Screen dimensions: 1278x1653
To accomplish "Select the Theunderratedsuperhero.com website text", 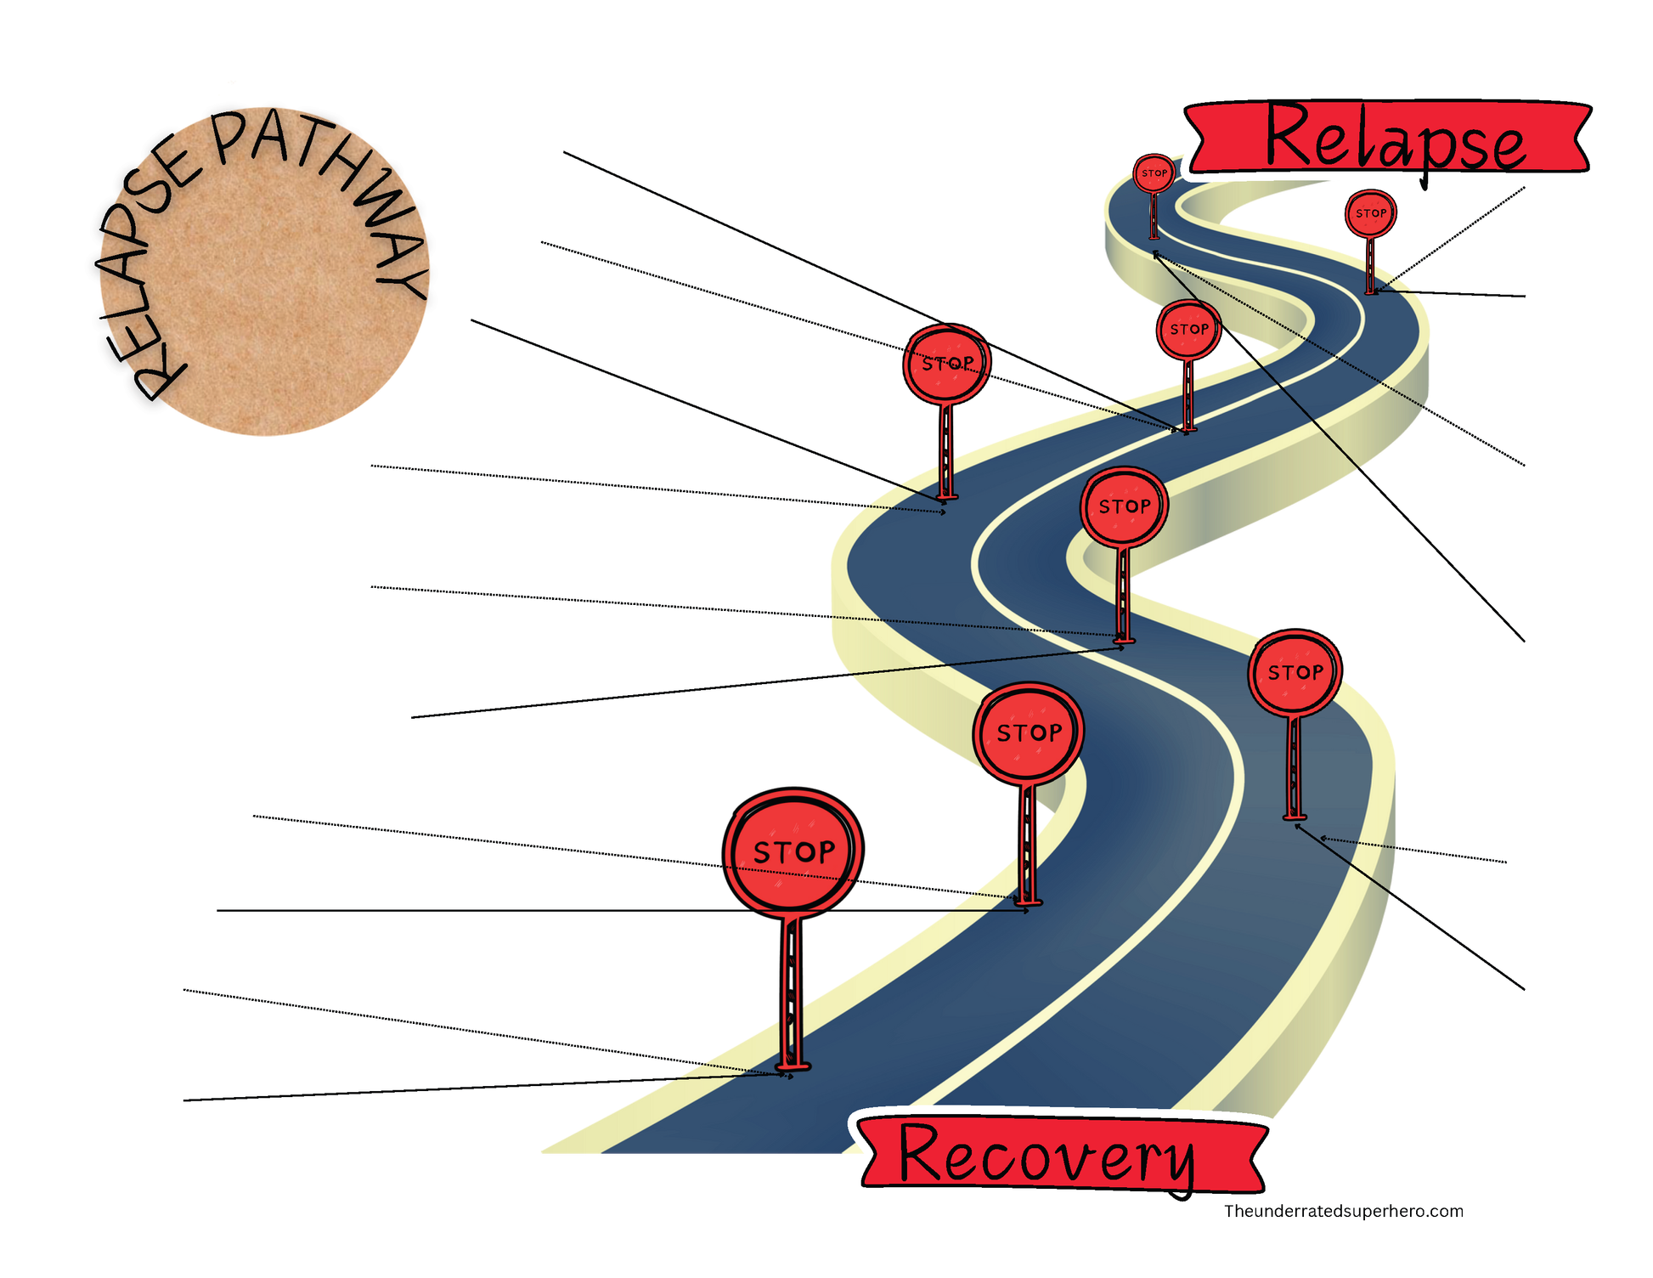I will click(1343, 1211).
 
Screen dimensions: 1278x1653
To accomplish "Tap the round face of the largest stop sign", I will click(793, 851).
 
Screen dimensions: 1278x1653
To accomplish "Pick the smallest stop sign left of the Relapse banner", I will click(1154, 173).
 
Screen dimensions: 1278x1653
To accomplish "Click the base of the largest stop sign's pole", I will click(793, 1066).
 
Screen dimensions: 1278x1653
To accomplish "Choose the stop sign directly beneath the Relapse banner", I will click(1370, 213).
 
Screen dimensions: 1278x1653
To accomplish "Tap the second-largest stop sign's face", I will click(1029, 732).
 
